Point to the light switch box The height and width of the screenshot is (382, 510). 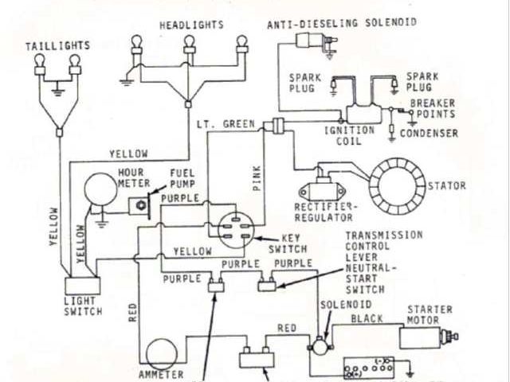(x=83, y=284)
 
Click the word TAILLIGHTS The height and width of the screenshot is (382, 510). (x=57, y=46)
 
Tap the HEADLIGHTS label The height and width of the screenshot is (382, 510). (x=190, y=25)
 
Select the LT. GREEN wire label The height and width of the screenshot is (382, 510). (x=226, y=124)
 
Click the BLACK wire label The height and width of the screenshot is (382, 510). (x=367, y=318)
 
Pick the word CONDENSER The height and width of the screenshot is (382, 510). (x=429, y=134)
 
